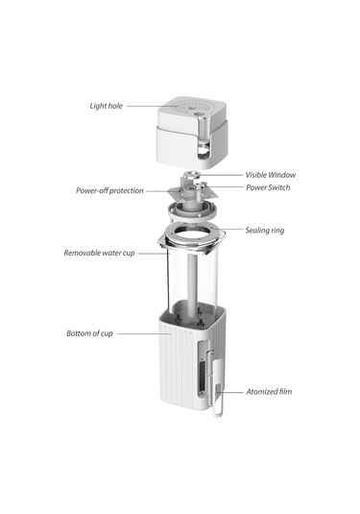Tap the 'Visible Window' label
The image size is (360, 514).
(270, 175)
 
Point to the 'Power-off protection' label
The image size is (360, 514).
(109, 190)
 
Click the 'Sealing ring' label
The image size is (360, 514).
(264, 231)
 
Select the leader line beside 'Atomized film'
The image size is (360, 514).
(235, 392)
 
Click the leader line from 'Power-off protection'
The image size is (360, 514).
(158, 190)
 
